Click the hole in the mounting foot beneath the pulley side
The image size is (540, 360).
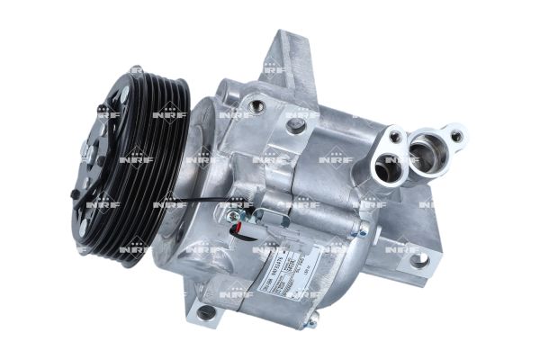coord(208,312)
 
